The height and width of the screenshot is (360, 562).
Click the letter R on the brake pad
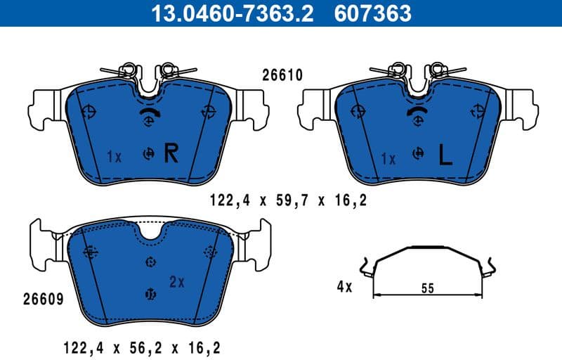point(171,153)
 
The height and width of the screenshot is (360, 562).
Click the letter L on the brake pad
point(444,155)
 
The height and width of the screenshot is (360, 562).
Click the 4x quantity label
point(344,286)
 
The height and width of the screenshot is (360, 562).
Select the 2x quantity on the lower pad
point(176,282)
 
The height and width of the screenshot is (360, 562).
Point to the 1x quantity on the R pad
point(115,157)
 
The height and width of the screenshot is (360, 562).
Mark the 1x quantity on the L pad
point(388,159)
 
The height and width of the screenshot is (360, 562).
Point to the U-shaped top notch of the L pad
point(419,87)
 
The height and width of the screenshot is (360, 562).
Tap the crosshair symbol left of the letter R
point(149,154)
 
